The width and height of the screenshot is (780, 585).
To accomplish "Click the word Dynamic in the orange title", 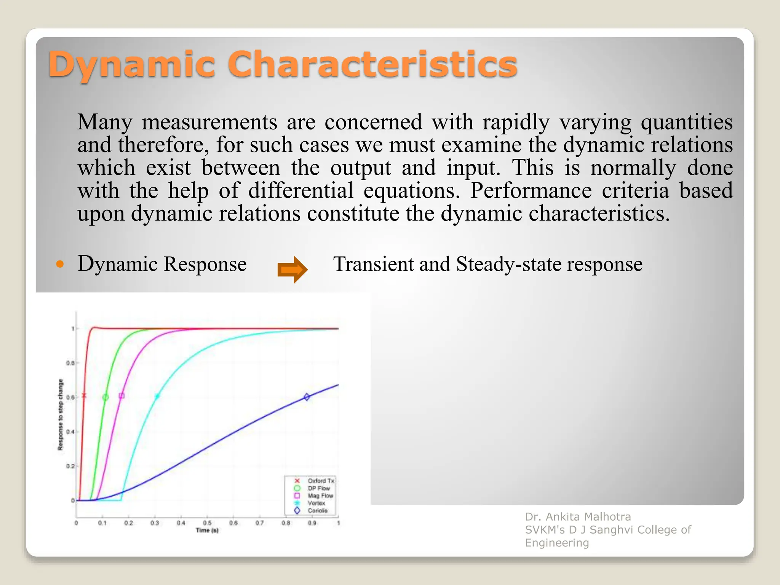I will pyautogui.click(x=131, y=65).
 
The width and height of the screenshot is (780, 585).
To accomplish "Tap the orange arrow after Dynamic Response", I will pyautogui.click(x=292, y=270).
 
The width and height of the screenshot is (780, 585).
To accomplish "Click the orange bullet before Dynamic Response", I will pyautogui.click(x=60, y=264).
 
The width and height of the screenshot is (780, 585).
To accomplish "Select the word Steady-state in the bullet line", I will pyautogui.click(x=509, y=264).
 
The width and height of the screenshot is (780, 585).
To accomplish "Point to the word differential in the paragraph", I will pyautogui.click(x=300, y=190).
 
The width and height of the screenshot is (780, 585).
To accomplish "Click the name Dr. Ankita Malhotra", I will pyautogui.click(x=578, y=517).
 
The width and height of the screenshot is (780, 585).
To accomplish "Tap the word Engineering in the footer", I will pyautogui.click(x=557, y=543).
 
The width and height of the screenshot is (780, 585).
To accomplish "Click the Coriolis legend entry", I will pyautogui.click(x=317, y=511).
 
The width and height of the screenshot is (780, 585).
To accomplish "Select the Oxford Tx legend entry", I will pyautogui.click(x=321, y=481).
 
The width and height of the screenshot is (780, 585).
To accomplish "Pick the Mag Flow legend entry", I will pyautogui.click(x=320, y=496).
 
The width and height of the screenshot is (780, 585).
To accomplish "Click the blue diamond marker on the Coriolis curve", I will pyautogui.click(x=307, y=397).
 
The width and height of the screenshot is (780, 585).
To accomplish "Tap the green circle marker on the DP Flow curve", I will pyautogui.click(x=105, y=397).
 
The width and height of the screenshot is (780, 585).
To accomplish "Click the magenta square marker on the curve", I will pyautogui.click(x=121, y=396).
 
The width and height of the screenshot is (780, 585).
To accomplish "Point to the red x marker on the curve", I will pyautogui.click(x=84, y=396).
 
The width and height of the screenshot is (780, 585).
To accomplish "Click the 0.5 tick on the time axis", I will pyautogui.click(x=207, y=523).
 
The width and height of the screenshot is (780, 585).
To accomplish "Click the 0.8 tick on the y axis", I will pyautogui.click(x=70, y=363).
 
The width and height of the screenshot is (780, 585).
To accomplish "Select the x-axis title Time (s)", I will pyautogui.click(x=207, y=531).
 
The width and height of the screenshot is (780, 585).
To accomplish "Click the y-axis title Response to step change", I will pyautogui.click(x=61, y=415).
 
